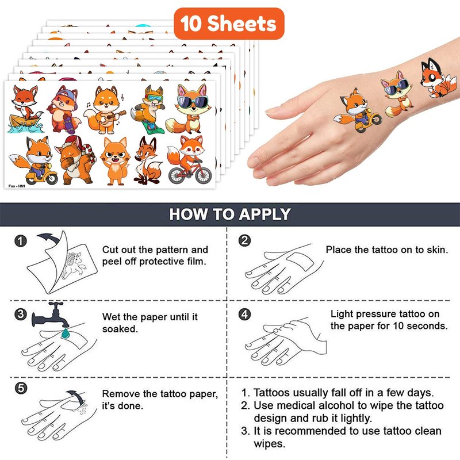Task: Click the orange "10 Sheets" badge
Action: (x=229, y=24)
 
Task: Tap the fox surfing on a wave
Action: (x=25, y=109)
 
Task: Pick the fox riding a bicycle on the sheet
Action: (x=190, y=160)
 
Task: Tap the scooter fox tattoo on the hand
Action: (x=358, y=110)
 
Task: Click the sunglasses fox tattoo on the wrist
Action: (x=397, y=94)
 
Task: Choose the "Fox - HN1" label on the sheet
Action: (x=17, y=186)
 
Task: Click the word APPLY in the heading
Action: (x=264, y=214)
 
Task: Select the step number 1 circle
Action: (x=21, y=241)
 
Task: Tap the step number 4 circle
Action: (x=245, y=315)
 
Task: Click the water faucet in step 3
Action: (x=51, y=315)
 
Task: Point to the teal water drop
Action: (x=66, y=333)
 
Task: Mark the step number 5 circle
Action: (x=21, y=388)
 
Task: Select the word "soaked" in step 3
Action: (x=120, y=329)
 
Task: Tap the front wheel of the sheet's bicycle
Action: (x=204, y=175)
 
